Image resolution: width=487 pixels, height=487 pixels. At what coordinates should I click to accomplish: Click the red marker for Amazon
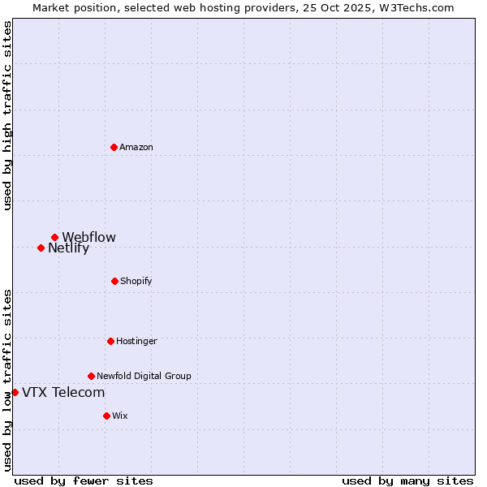coord(114,147)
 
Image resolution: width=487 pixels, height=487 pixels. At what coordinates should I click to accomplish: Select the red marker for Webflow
coord(55,238)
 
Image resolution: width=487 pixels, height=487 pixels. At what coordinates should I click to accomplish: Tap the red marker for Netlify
coord(41,248)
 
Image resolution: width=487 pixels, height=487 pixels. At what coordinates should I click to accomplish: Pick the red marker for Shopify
coord(114,281)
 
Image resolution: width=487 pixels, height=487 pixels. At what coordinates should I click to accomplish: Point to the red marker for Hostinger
coord(110,341)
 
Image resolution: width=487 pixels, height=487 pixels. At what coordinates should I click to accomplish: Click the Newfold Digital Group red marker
coord(91,376)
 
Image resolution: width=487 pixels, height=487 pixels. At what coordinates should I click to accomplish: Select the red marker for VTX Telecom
coord(15,393)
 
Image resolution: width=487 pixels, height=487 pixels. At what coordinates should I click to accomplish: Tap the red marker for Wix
coord(106,416)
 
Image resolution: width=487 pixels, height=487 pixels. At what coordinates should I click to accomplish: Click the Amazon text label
coord(136,147)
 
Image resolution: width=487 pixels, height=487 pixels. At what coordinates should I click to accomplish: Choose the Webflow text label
coord(89,238)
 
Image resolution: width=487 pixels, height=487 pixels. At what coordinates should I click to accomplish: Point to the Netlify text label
coord(69,248)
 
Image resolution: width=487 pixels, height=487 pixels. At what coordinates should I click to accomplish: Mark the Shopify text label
coord(136,281)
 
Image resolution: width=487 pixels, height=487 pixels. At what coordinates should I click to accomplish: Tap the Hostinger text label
coord(136,341)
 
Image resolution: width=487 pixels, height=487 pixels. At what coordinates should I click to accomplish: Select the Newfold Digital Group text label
coord(144,376)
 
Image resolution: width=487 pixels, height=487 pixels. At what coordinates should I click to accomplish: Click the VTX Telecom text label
coord(63,393)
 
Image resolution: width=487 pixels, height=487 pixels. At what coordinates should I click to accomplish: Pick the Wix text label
coord(120,416)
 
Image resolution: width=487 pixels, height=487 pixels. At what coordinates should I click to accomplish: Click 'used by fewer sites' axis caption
coord(84,481)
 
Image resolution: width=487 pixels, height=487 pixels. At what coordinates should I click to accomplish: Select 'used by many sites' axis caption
coord(407,481)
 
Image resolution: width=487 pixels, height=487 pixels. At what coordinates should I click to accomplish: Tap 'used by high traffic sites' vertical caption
coord(7,115)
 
